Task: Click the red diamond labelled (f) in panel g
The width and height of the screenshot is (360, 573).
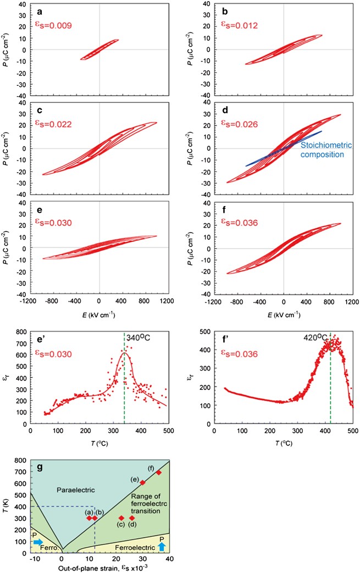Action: [159, 472]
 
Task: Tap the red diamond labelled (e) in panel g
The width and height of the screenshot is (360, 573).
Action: [143, 483]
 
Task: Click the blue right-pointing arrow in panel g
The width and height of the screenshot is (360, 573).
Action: [38, 542]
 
